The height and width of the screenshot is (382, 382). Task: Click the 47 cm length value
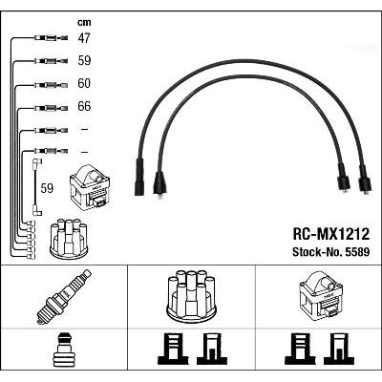coord(84,38)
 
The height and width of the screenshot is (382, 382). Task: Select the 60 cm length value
coord(84,83)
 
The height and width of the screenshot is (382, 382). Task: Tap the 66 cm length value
coord(84,106)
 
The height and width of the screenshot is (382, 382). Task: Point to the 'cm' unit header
coord(84,23)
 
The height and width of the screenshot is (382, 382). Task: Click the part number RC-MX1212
coord(331,234)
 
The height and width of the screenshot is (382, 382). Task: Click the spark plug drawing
coord(64,296)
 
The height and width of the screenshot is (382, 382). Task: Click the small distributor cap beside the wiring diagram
coord(69,238)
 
